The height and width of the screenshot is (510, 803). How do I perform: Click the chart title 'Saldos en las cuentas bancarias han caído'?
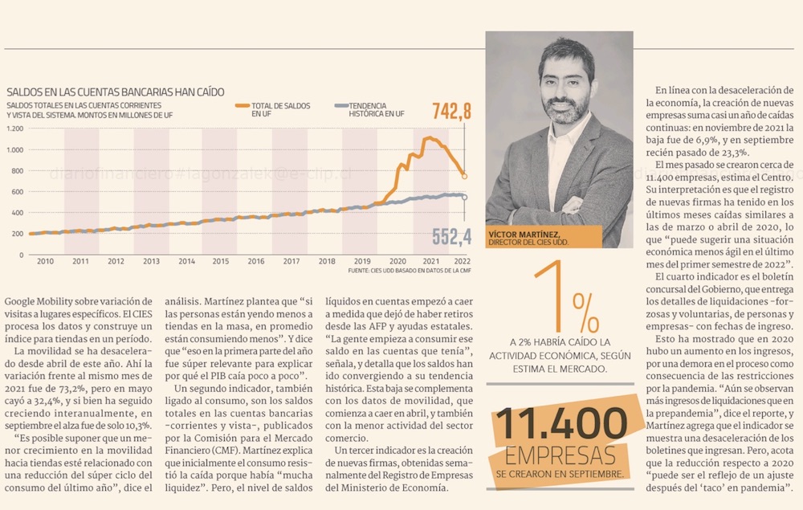115,92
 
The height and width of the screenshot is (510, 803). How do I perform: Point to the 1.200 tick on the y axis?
15,129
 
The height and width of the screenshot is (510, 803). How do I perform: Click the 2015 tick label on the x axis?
220,262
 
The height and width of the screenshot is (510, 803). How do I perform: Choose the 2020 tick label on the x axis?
397,262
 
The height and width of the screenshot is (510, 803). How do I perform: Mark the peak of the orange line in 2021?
429,138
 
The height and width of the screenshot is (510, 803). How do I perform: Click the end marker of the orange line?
464,175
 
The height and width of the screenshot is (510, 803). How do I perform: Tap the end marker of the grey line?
464,197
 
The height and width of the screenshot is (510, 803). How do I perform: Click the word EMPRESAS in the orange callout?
560,455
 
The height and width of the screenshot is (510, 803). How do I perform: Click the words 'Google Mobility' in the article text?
39,300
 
